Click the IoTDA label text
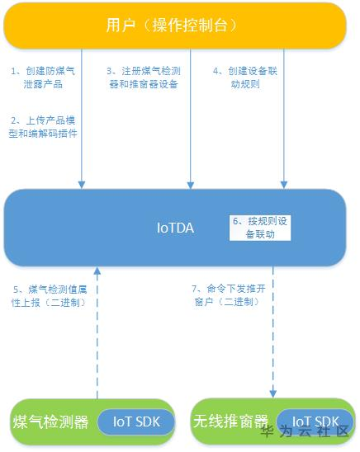click(175, 228)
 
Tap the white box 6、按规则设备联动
click(259, 228)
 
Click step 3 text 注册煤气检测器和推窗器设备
click(143, 78)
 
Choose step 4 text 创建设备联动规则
click(245, 78)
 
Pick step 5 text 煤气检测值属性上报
click(48, 295)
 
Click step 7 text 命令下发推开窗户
click(225, 295)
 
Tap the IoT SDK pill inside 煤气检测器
click(136, 421)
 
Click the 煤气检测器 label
click(50, 422)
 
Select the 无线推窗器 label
click(232, 422)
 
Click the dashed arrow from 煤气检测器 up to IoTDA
click(97, 330)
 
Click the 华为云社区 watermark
click(305, 432)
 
